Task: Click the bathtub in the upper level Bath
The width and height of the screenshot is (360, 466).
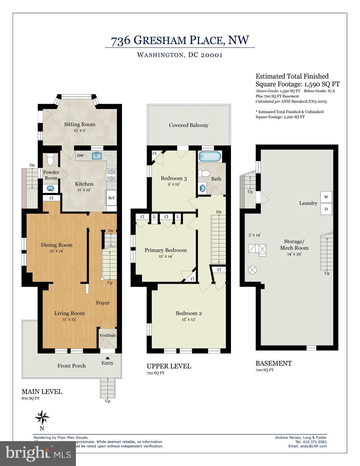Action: [210, 157]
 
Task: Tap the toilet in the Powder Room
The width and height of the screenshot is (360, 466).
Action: [50, 159]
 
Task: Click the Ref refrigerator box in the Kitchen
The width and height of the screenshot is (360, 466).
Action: [111, 198]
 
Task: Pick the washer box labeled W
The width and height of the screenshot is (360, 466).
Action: [326, 197]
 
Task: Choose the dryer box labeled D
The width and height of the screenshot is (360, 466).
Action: [326, 209]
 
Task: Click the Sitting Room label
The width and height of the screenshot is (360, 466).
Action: [80, 124]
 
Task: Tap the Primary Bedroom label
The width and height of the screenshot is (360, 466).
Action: [165, 250]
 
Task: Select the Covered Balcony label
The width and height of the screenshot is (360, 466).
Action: [188, 125]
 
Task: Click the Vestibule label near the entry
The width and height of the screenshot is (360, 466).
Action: [108, 335]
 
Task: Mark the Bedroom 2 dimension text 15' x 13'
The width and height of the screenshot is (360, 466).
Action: [188, 319]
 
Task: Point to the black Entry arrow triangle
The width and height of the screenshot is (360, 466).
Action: [108, 358]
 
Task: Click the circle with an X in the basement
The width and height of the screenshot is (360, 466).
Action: [253, 269]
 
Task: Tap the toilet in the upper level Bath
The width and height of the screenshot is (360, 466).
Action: [204, 173]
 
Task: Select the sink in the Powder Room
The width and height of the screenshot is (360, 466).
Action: [51, 189]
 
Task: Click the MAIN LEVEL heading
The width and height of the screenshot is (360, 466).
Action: [42, 391]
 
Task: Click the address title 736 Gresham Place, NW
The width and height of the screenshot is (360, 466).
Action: [180, 41]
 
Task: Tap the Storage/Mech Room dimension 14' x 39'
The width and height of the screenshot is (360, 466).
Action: [294, 254]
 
